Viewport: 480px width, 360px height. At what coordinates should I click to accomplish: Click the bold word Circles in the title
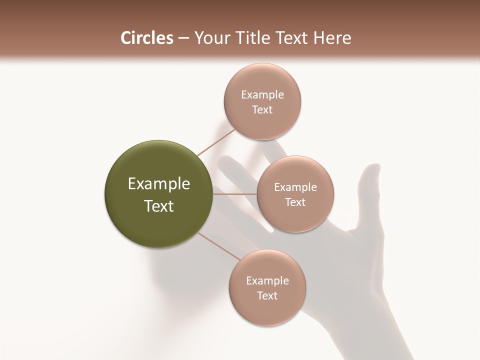pyautogui.click(x=146, y=38)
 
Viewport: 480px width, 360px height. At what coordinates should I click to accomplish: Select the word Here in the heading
pyautogui.click(x=332, y=38)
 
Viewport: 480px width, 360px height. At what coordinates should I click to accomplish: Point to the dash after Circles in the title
pyautogui.click(x=183, y=38)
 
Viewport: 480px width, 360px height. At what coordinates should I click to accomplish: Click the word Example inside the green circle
pyautogui.click(x=159, y=184)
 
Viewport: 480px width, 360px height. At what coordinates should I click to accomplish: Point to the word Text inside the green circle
pyautogui.click(x=159, y=206)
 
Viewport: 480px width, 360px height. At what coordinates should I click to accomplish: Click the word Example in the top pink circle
pyautogui.click(x=262, y=95)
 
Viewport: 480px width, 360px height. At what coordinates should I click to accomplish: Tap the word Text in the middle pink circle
pyautogui.click(x=295, y=202)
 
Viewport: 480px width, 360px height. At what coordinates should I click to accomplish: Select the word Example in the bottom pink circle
pyautogui.click(x=267, y=281)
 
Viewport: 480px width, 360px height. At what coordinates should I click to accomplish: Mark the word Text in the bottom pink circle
pyautogui.click(x=267, y=296)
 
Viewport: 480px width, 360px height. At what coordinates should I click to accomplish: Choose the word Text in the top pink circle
pyautogui.click(x=262, y=110)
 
